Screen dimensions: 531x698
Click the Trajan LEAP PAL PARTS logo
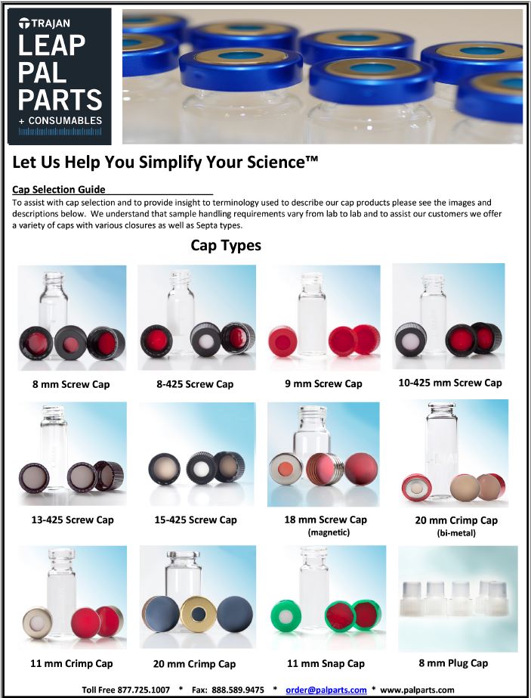pyautogui.click(x=59, y=76)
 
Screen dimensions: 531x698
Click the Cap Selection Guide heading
pyautogui.click(x=59, y=190)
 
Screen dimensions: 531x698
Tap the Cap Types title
pyautogui.click(x=226, y=245)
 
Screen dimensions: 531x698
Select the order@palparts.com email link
pyautogui.click(x=326, y=690)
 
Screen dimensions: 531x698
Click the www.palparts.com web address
pyautogui.click(x=417, y=690)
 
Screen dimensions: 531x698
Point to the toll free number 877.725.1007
pyautogui.click(x=144, y=690)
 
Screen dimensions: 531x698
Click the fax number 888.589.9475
pyautogui.click(x=238, y=690)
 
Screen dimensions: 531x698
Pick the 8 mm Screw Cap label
pyautogui.click(x=71, y=384)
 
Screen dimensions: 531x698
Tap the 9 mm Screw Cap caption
pyautogui.click(x=324, y=383)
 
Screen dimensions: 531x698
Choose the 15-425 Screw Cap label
pyautogui.click(x=196, y=520)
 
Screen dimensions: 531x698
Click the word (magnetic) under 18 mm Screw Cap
pyautogui.click(x=329, y=532)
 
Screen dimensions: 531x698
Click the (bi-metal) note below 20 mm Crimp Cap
pyautogui.click(x=456, y=532)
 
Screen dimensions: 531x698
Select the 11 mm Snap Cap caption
pyautogui.click(x=326, y=664)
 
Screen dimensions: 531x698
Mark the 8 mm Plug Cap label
pyautogui.click(x=453, y=663)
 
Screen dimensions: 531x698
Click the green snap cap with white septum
pyautogui.click(x=286, y=616)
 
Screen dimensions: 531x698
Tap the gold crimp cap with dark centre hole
pyautogui.click(x=199, y=614)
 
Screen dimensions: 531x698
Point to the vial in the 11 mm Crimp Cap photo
pyautogui.click(x=61, y=593)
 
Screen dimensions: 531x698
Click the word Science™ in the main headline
pyautogui.click(x=282, y=162)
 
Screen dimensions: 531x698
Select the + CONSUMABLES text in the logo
pyautogui.click(x=60, y=121)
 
